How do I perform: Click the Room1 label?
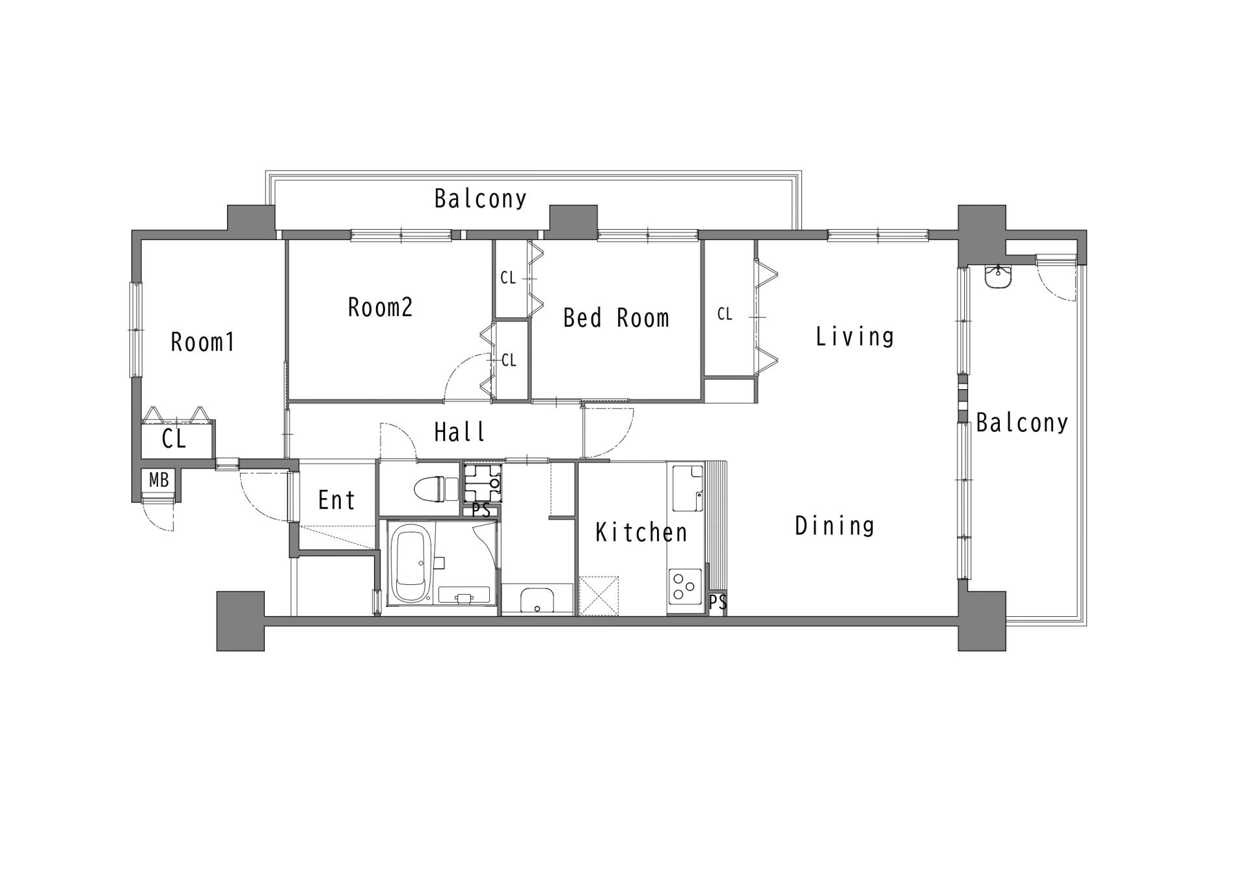(x=202, y=342)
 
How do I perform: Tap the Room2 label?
(x=381, y=307)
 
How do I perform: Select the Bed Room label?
(x=616, y=318)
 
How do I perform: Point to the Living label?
(x=855, y=336)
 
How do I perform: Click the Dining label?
(x=835, y=525)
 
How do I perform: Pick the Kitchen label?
(x=641, y=532)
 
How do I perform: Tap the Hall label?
(x=460, y=431)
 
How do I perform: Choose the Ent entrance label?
(x=337, y=500)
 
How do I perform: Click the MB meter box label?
(x=159, y=480)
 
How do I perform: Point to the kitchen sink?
(x=687, y=489)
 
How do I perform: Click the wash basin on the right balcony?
(x=998, y=277)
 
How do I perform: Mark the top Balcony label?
(x=481, y=198)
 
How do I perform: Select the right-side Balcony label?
(x=1022, y=423)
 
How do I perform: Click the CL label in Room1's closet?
(x=174, y=439)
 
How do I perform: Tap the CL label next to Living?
(x=725, y=314)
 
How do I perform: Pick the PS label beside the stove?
(x=718, y=603)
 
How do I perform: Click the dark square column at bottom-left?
(x=241, y=621)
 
